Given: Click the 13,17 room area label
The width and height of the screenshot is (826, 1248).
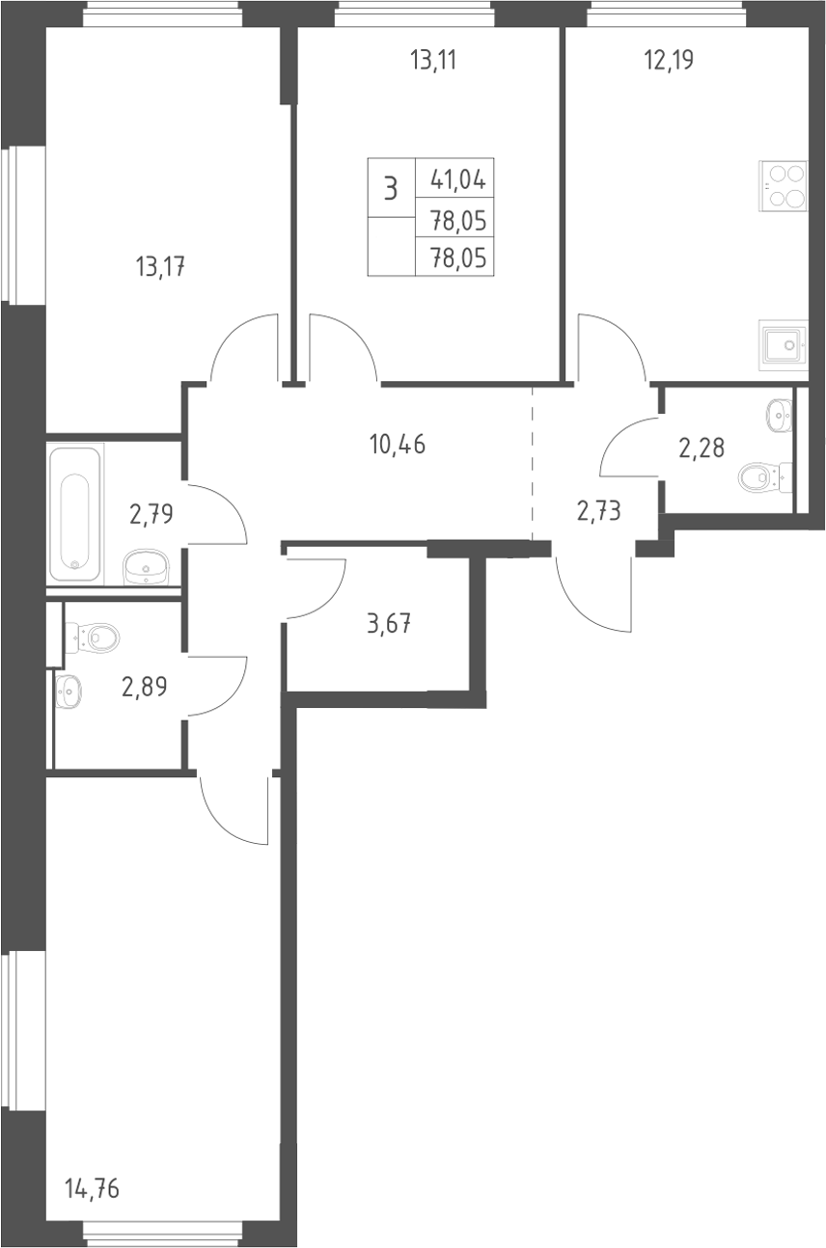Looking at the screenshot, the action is tap(160, 267).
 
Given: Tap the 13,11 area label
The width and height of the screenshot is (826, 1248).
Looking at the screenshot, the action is tap(433, 60).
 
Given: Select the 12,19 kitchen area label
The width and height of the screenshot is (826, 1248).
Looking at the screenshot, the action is tap(669, 60).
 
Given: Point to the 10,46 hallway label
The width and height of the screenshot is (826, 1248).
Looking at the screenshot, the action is tap(398, 445).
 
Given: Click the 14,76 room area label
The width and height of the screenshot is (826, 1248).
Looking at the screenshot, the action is tap(92, 1188).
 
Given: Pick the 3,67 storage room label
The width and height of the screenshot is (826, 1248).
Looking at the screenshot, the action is tap(389, 623).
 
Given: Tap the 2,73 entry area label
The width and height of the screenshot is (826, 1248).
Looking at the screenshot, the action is tap(599, 511).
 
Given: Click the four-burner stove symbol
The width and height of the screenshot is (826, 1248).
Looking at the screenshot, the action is tap(784, 187).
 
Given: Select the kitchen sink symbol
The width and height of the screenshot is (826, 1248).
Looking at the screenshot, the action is tap(784, 345).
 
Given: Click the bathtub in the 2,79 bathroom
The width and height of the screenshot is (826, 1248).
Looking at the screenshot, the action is tap(76, 511).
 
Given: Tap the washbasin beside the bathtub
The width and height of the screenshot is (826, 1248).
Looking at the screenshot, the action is tap(146, 567).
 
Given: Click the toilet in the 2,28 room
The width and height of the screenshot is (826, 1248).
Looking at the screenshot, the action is tap(764, 477).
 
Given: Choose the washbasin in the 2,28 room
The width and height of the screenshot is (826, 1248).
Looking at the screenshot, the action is tap(780, 415).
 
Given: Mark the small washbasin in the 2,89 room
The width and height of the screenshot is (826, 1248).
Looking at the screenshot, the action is tap(69, 692).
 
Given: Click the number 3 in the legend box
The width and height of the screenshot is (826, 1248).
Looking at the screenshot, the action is tap(391, 188).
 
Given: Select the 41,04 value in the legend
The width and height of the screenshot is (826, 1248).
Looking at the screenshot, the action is tap(458, 180).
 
